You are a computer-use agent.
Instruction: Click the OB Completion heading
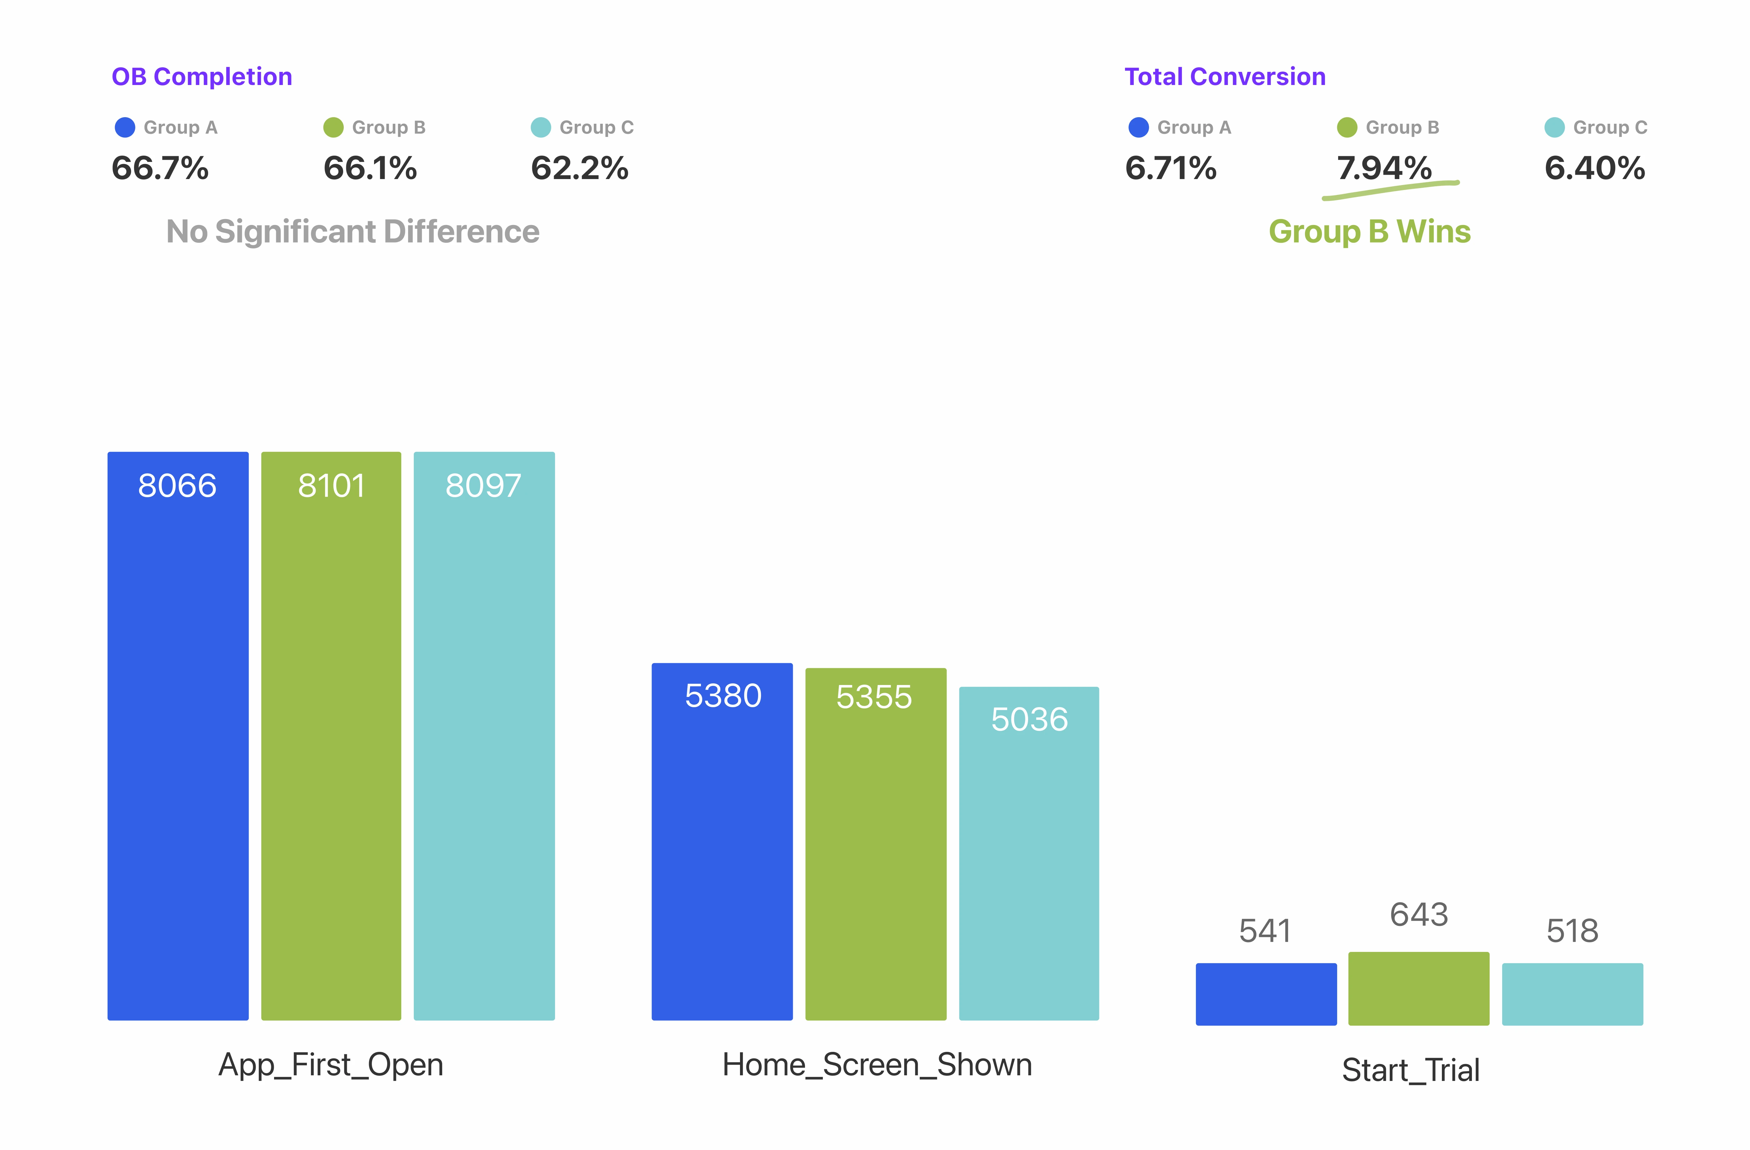point(202,77)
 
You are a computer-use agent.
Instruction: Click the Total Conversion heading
point(1225,77)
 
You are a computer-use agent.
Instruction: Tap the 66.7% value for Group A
point(160,168)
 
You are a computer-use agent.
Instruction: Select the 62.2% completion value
point(579,168)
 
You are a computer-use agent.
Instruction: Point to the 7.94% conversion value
point(1384,168)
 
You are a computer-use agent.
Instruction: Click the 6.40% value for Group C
point(1594,168)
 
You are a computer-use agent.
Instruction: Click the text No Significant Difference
point(353,232)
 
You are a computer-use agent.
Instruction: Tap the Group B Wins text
point(1369,232)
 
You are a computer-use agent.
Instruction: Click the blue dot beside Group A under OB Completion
point(125,127)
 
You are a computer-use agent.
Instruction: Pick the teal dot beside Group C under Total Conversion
point(1554,127)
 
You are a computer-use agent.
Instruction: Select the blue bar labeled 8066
point(178,735)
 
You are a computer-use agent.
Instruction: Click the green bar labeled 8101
point(331,735)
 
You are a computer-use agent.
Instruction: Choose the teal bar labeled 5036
point(1029,853)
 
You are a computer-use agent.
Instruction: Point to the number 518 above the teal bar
point(1572,931)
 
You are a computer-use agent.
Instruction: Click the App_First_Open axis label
point(331,1065)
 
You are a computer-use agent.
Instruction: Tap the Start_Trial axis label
point(1410,1070)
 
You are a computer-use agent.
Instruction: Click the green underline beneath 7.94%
point(1390,190)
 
